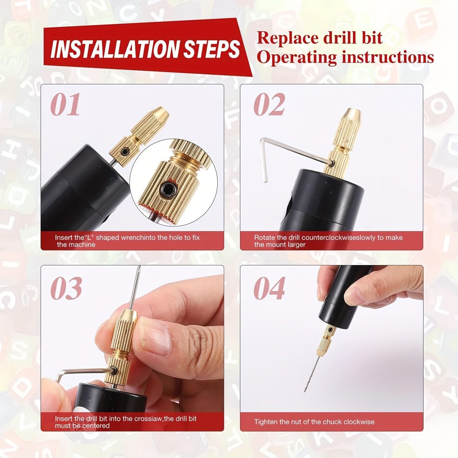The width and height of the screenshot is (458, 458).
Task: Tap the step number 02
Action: coord(269,104)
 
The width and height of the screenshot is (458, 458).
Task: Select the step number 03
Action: coord(66,288)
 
